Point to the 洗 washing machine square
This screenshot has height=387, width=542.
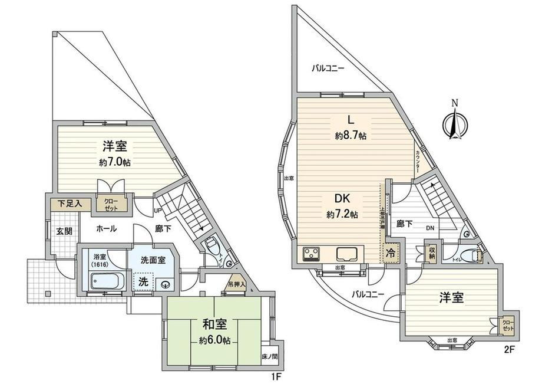click(x=143, y=281)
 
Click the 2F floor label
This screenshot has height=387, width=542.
click(x=510, y=349)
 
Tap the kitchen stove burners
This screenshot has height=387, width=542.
click(x=310, y=255)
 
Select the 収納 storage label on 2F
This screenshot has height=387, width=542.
click(x=432, y=252)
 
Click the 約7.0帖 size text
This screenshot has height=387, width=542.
click(x=115, y=162)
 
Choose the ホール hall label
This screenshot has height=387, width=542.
click(x=105, y=228)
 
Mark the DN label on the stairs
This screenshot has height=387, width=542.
click(x=431, y=227)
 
